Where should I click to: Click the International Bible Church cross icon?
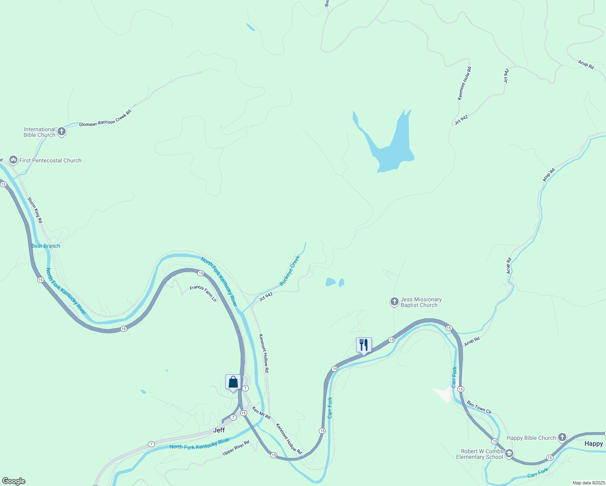tap(62, 132)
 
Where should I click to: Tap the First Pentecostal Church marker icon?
tap(13, 160)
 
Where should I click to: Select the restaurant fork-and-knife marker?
tap(364, 345)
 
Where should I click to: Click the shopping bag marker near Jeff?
tap(233, 382)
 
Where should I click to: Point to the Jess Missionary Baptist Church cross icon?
tap(394, 302)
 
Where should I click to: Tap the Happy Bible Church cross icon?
tap(562, 437)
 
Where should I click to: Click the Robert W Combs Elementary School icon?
tap(509, 454)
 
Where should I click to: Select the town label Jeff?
tap(219, 430)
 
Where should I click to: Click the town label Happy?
tap(593, 443)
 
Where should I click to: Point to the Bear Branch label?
tap(46, 246)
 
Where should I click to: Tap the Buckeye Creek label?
tap(290, 270)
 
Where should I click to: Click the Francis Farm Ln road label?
tap(203, 293)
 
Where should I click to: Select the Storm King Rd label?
tap(35, 210)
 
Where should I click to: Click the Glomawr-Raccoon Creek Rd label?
tap(105, 118)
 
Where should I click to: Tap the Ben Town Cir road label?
tap(479, 407)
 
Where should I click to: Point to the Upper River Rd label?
tap(236, 448)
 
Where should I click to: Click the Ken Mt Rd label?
tap(261, 413)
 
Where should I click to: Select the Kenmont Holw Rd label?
tap(464, 83)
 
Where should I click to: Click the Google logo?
tap(14, 481)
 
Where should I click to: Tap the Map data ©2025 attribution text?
tap(589, 483)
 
